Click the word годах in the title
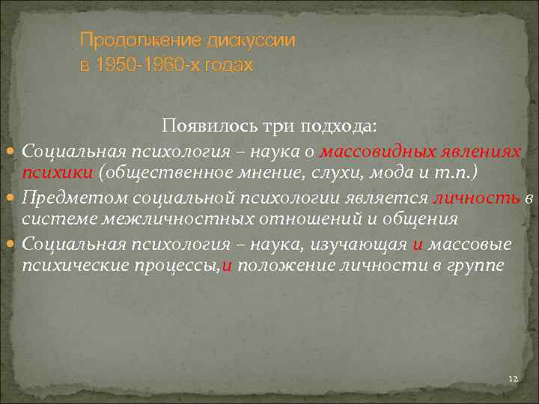(x=230, y=66)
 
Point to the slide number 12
(x=512, y=380)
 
